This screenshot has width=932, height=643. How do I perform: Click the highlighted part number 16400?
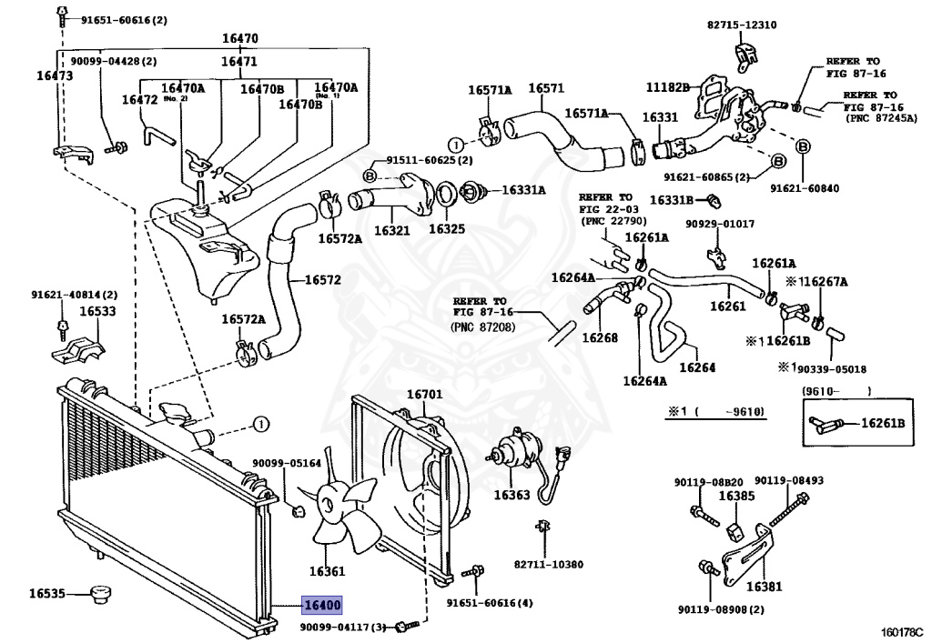coord(322,605)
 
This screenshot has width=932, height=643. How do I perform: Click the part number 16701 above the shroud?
coord(424,394)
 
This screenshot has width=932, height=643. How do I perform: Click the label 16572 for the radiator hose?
coord(323,279)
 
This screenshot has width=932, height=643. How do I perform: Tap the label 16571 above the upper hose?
coord(546,88)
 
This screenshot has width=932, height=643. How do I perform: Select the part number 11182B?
coord(667,87)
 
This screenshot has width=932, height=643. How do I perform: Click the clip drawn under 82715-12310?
coord(746,55)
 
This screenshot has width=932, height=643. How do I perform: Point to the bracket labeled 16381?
coord(746,553)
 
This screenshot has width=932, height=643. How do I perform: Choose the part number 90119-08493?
coord(789,480)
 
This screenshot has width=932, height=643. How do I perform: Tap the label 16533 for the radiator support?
coord(97,311)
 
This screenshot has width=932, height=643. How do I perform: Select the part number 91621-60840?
coord(805,188)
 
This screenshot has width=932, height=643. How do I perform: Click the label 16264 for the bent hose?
coord(697,367)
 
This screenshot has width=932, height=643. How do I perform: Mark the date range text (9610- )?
coord(836,391)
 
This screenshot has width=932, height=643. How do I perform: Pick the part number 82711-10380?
coord(549,564)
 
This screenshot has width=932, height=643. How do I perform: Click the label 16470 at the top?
coord(240,38)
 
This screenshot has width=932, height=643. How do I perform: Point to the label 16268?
coord(600,337)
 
